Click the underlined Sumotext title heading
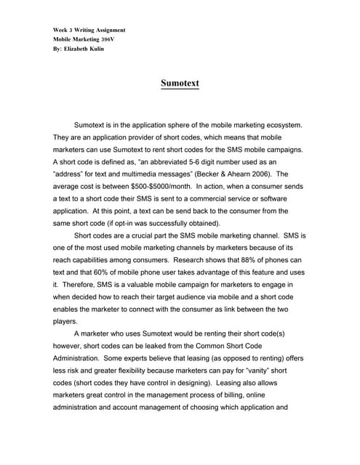pos(180,84)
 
